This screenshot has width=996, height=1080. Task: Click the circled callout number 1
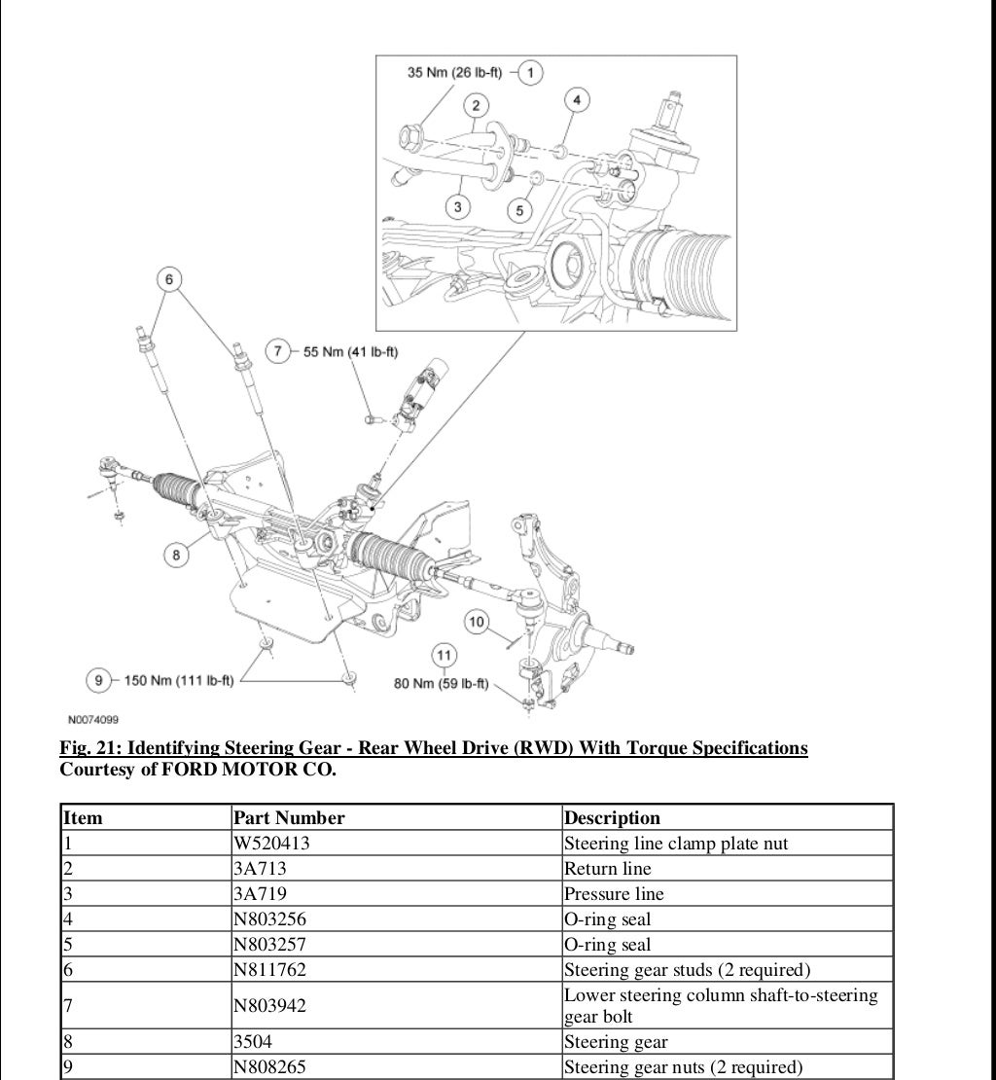tap(531, 72)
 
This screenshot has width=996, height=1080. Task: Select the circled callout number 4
tap(577, 100)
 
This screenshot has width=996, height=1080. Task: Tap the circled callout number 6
tap(168, 280)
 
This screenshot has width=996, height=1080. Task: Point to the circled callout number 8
tap(176, 555)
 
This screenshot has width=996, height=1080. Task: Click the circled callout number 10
tap(476, 622)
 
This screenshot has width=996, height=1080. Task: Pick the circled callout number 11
tap(444, 656)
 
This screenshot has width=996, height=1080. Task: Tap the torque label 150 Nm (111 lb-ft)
tap(179, 680)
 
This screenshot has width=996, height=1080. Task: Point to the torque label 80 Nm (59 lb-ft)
tap(441, 683)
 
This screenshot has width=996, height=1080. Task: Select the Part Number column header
tap(289, 818)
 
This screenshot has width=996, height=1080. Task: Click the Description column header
tap(612, 818)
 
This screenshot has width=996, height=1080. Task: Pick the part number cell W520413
tap(271, 844)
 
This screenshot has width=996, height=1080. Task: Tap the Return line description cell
tap(608, 869)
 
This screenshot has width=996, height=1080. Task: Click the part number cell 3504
tap(254, 1042)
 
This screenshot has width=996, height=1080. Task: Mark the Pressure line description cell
tap(614, 894)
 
